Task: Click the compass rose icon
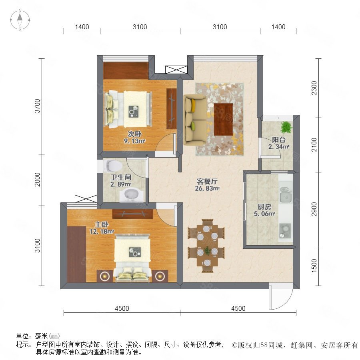(x=20, y=20)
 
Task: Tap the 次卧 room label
(x=134, y=134)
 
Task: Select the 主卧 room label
(x=102, y=224)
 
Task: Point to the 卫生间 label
(x=121, y=177)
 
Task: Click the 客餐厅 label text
(x=207, y=181)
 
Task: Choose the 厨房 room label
(x=264, y=207)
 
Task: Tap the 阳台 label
(x=279, y=140)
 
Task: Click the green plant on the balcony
(x=286, y=127)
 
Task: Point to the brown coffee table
(x=223, y=119)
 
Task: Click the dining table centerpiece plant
(x=208, y=250)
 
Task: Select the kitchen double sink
(x=286, y=195)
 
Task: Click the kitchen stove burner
(x=285, y=231)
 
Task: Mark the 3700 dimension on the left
(x=37, y=106)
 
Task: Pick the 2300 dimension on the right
(x=314, y=88)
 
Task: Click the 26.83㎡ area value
(x=207, y=188)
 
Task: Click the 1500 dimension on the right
(x=314, y=266)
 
